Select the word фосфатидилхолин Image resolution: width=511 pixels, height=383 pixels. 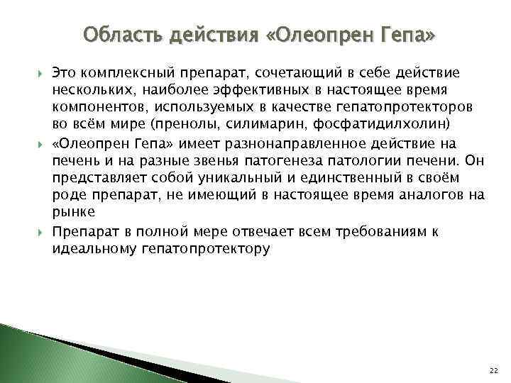coord(333,126)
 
